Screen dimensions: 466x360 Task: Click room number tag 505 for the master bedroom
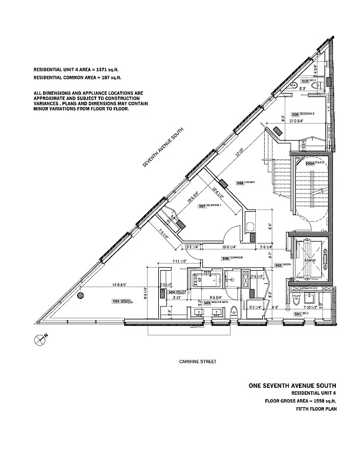(115, 301)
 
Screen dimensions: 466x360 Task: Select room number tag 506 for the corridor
(204, 257)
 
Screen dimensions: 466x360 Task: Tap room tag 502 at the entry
(278, 265)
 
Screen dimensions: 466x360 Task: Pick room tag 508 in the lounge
(240, 183)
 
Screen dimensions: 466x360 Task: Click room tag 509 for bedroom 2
(295, 114)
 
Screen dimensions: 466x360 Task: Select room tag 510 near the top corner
(305, 81)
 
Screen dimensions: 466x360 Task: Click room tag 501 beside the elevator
(298, 314)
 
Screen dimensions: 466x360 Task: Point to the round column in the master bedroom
(82, 295)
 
